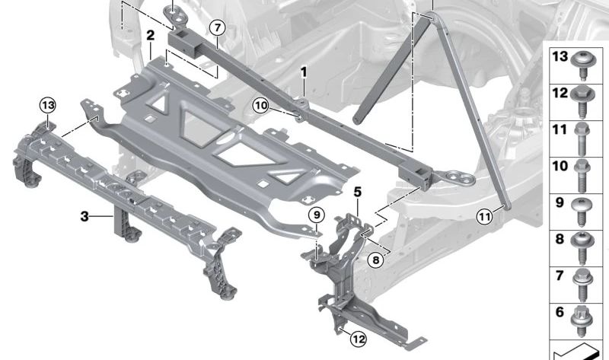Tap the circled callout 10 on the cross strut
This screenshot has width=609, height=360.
(261, 107)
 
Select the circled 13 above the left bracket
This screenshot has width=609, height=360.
(48, 104)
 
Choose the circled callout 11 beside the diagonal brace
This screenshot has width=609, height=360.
(484, 216)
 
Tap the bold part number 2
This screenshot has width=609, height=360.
(151, 35)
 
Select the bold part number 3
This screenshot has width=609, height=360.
(84, 216)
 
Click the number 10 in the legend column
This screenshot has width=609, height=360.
(560, 167)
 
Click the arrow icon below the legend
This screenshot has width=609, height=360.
(579, 352)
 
